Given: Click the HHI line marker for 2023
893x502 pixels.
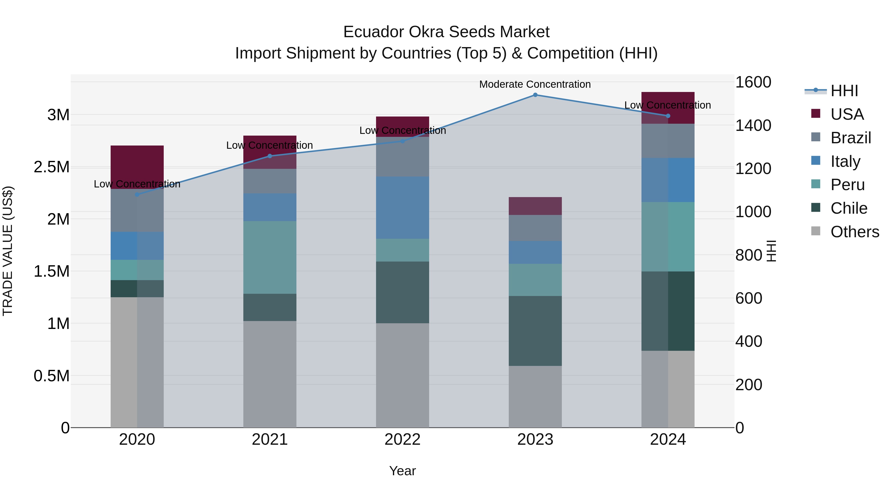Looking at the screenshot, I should [535, 95].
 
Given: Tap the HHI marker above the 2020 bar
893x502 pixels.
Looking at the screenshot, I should [137, 195].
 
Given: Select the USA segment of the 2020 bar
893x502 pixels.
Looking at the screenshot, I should [137, 167].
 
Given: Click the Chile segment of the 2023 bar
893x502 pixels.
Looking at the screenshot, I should [535, 331].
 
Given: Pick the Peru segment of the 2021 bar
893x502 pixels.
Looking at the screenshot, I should [270, 257].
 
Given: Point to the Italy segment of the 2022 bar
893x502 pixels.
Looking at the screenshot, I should [403, 207].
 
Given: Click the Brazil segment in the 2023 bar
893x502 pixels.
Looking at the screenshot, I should [535, 228].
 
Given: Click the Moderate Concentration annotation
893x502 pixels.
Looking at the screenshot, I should [535, 85].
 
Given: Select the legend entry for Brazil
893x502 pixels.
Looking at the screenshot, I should [850, 138].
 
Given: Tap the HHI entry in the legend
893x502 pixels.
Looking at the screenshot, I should [844, 91].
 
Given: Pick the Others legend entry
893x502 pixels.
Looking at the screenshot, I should [855, 232].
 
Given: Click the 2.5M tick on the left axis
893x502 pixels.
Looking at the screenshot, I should [52, 167].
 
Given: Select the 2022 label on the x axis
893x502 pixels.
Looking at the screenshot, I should [403, 440].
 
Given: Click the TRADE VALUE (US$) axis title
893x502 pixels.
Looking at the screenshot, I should [8, 251].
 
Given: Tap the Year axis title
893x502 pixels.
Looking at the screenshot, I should [403, 471].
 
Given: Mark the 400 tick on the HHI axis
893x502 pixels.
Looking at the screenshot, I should [749, 341].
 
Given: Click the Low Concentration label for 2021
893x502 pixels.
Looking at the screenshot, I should [269, 146].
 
